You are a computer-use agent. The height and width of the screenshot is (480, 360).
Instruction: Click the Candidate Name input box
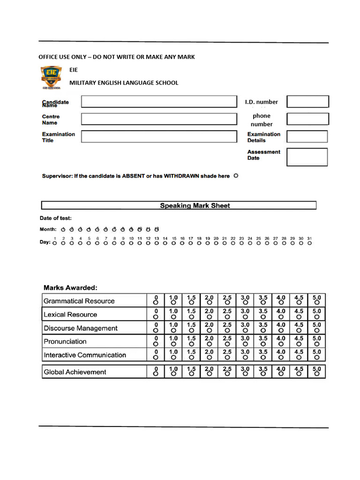(x=159, y=102)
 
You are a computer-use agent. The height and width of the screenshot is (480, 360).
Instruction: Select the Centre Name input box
(x=159, y=119)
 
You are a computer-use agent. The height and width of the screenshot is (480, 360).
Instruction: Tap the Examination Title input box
(x=159, y=136)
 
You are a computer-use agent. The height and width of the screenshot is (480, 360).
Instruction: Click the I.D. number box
(x=307, y=102)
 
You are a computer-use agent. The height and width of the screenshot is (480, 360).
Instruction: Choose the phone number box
(x=307, y=119)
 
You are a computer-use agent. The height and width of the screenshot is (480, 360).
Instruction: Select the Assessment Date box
(x=307, y=157)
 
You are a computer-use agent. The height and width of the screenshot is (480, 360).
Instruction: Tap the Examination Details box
(x=307, y=136)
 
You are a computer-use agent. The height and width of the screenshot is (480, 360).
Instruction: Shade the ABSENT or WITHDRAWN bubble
(x=236, y=176)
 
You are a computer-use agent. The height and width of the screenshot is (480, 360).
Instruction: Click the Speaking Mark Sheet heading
(x=195, y=205)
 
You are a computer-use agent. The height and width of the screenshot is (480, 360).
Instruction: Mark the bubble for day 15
(x=174, y=243)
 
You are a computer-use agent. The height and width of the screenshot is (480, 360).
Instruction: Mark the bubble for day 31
(x=309, y=243)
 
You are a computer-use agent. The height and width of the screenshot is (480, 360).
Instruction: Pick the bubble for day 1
(x=55, y=243)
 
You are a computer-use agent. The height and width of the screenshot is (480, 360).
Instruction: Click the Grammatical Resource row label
(x=79, y=301)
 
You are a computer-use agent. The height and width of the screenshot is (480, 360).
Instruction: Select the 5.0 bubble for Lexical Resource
(x=317, y=317)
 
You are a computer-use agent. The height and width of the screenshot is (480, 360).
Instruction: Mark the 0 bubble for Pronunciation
(x=156, y=344)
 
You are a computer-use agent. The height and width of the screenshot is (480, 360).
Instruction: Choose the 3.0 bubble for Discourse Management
(x=245, y=330)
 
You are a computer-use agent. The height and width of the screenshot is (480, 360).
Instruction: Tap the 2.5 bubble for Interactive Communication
(x=227, y=358)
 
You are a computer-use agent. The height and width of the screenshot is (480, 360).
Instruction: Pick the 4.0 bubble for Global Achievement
(x=281, y=375)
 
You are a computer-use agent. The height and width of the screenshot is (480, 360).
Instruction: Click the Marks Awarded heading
(x=70, y=287)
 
